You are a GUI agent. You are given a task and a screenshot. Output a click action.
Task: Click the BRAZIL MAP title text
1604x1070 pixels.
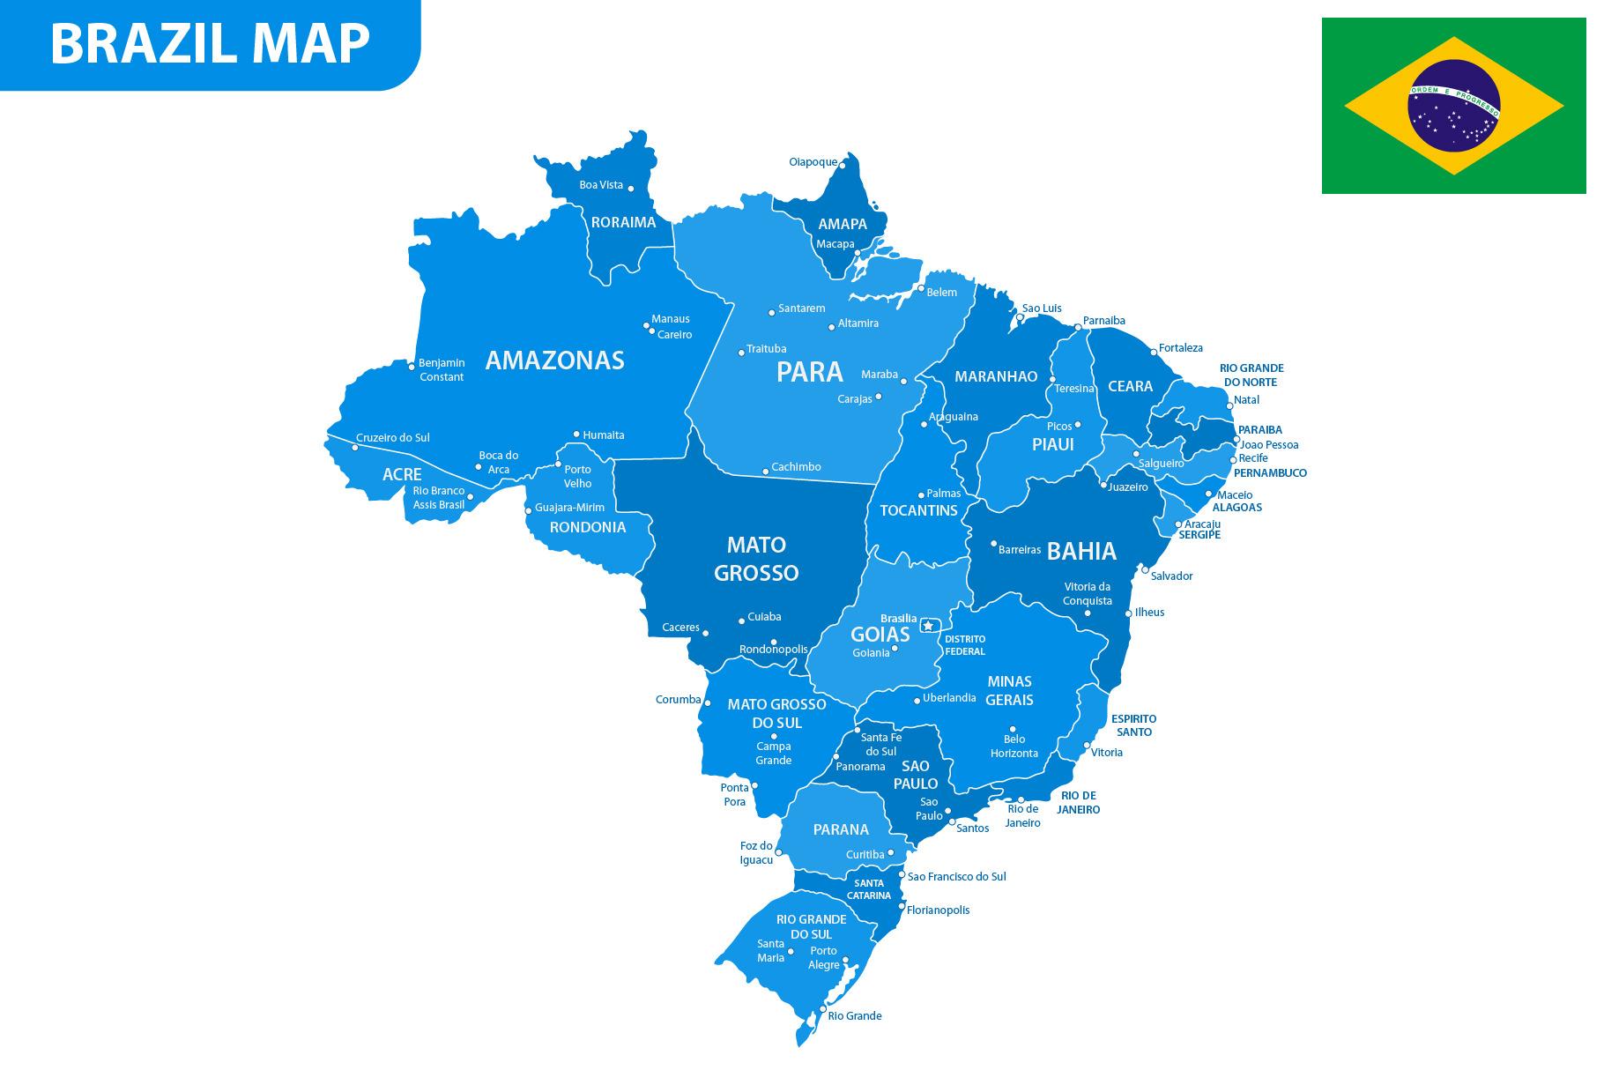(x=210, y=43)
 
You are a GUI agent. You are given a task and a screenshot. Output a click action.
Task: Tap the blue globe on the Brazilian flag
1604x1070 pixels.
(x=1453, y=106)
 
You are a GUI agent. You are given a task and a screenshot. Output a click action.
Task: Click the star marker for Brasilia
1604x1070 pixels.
(x=928, y=626)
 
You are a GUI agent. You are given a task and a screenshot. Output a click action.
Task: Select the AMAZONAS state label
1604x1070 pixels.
(x=554, y=360)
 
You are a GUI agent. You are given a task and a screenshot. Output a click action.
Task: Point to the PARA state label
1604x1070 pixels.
(x=809, y=372)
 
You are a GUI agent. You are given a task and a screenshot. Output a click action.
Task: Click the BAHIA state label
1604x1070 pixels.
(x=1081, y=552)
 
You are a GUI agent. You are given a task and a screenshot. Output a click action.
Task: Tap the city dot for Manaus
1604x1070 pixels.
(x=646, y=325)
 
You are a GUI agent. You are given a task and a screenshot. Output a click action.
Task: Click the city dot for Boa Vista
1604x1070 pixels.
(x=631, y=189)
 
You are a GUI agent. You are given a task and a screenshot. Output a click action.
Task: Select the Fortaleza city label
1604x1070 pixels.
(x=1180, y=348)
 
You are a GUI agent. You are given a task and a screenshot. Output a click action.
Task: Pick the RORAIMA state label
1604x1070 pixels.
(x=623, y=223)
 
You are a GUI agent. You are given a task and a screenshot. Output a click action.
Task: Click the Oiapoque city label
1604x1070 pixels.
(x=813, y=162)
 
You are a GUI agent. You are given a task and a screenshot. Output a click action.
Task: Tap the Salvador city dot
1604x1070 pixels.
(x=1145, y=569)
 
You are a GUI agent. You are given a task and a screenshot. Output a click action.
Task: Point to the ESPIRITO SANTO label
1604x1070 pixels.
(x=1133, y=725)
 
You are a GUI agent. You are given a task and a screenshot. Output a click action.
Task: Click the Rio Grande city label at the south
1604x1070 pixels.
(x=854, y=1016)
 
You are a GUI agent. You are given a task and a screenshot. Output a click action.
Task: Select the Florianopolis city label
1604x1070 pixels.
(x=938, y=910)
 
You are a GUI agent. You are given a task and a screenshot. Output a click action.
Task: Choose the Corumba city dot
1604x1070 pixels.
(x=707, y=702)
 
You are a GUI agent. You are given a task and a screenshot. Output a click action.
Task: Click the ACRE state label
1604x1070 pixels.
(x=402, y=475)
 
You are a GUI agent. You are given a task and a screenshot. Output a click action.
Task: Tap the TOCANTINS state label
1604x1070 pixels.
(x=918, y=510)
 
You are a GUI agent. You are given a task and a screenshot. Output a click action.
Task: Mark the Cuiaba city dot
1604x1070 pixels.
(x=741, y=620)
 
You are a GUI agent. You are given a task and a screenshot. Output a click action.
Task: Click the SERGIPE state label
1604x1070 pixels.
(x=1199, y=535)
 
